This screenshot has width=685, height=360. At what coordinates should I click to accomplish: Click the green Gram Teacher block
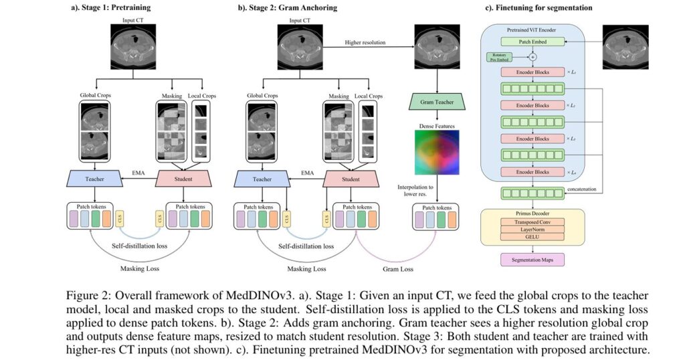coord(437,102)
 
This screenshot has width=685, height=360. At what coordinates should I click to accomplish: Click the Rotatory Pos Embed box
coord(502,58)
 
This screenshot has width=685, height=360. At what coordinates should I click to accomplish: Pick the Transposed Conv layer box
coord(532,221)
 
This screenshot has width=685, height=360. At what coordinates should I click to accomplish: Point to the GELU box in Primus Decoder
coord(532,236)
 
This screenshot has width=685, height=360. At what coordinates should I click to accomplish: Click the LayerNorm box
coord(532,229)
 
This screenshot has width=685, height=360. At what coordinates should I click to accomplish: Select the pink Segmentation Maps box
coord(532,257)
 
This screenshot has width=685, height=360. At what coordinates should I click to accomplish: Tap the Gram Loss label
coord(397,269)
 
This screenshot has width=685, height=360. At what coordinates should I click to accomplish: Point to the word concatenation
coord(583,189)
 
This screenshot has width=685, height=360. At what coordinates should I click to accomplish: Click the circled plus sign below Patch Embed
coord(532,56)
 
